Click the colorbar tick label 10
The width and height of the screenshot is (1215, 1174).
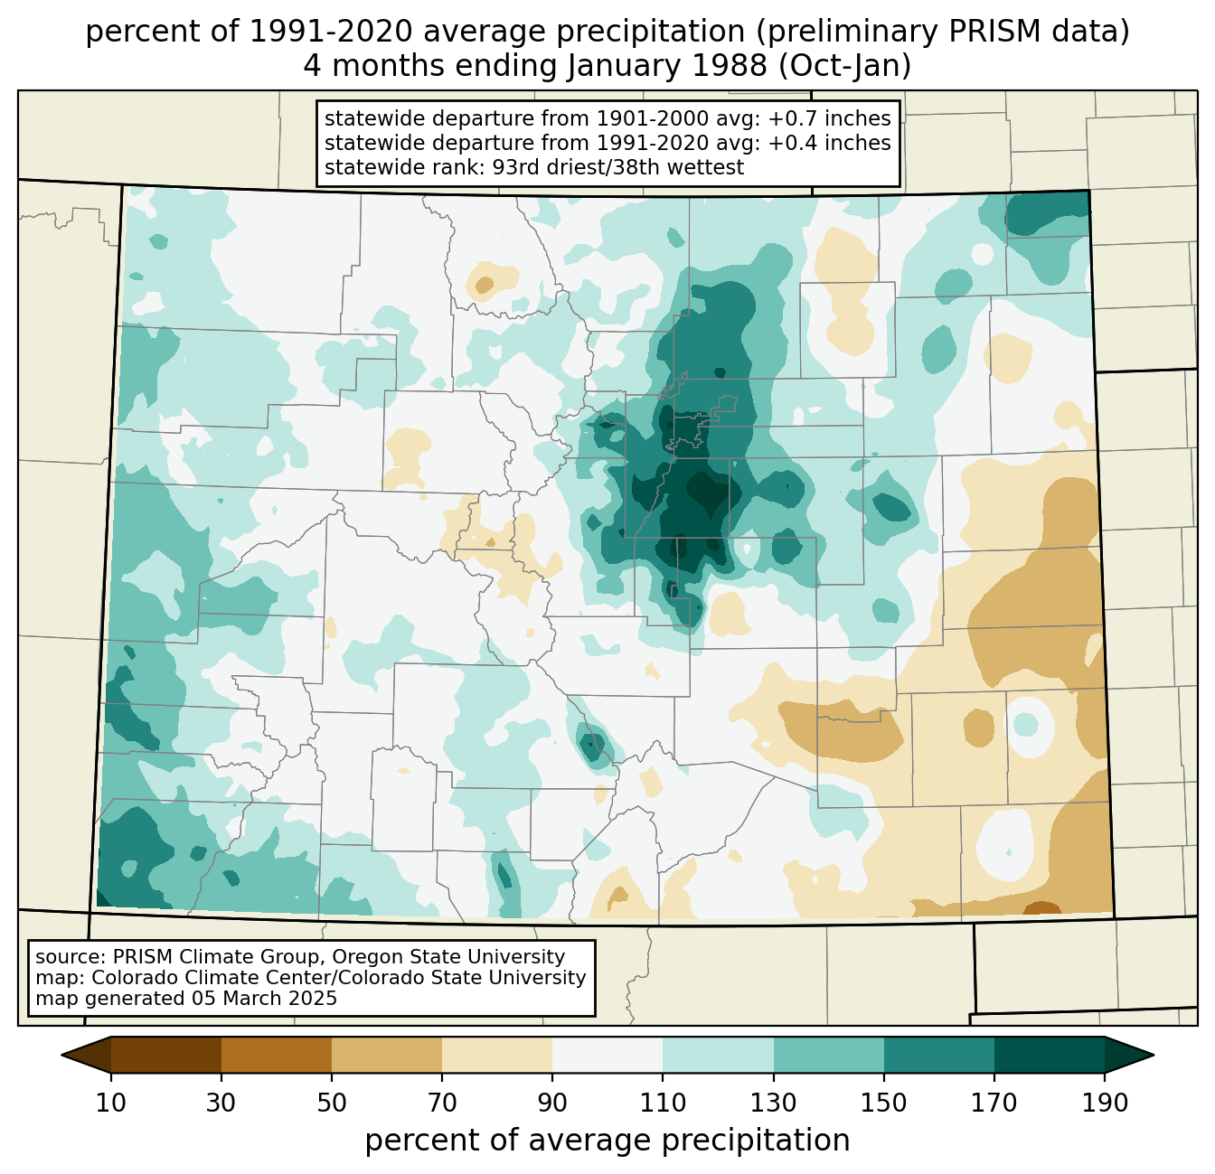110,1103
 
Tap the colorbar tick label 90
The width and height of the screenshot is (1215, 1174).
552,1103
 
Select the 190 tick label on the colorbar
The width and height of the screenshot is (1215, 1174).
1105,1103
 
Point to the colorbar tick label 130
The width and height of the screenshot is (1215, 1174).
773,1103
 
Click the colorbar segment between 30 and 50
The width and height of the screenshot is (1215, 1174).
276,1055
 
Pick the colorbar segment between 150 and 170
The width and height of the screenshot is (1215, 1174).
939,1055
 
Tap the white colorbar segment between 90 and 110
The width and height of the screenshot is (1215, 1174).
607,1055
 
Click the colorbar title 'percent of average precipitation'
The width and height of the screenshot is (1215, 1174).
607,1140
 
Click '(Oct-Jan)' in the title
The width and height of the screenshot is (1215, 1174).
844,66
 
